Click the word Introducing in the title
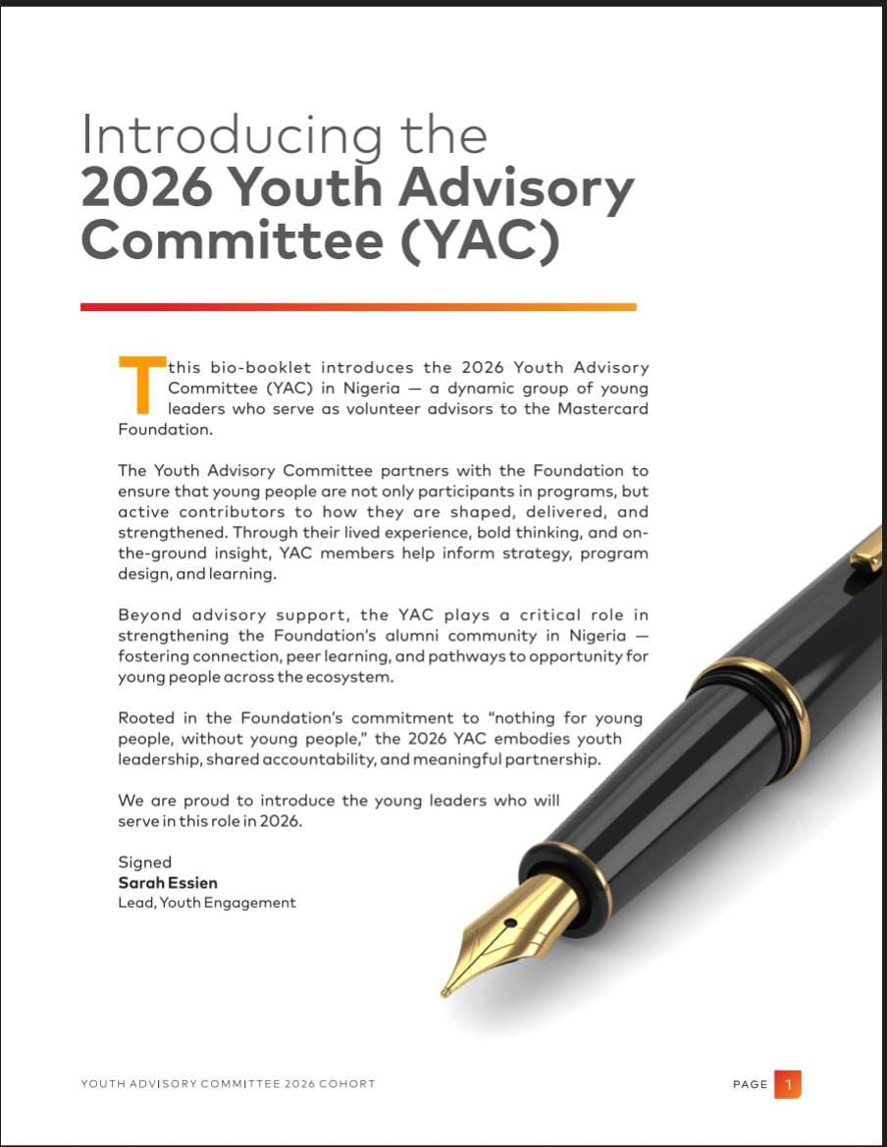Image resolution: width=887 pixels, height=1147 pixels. pyautogui.click(x=230, y=135)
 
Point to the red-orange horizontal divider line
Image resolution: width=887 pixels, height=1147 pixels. pyautogui.click(x=358, y=307)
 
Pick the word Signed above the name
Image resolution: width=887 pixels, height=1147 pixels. pyautogui.click(x=144, y=862)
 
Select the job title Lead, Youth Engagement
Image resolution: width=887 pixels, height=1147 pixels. pyautogui.click(x=206, y=902)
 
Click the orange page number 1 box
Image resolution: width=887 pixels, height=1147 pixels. pyautogui.click(x=787, y=1083)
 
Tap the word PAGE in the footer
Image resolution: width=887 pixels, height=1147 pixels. pyautogui.click(x=751, y=1084)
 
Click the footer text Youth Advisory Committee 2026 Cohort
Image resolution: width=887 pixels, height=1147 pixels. pyautogui.click(x=228, y=1084)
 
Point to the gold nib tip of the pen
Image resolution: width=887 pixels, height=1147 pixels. pyautogui.click(x=447, y=991)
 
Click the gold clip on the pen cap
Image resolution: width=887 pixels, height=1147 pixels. pyautogui.click(x=867, y=549)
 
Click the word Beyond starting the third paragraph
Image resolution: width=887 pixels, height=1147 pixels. pyautogui.click(x=149, y=615)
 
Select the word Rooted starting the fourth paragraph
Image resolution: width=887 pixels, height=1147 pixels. pyautogui.click(x=147, y=718)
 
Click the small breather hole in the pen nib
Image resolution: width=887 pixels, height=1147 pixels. pyautogui.click(x=511, y=921)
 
